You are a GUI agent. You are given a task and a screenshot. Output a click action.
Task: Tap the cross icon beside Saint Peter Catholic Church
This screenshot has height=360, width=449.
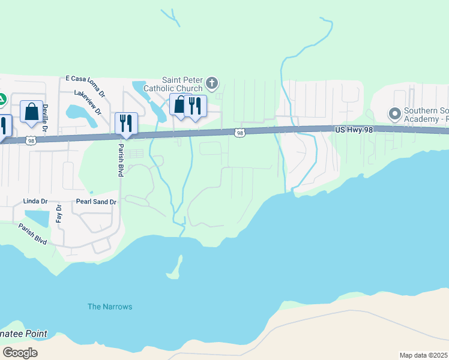click(x=211, y=82)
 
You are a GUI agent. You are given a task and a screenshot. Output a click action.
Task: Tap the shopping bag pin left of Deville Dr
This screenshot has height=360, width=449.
click(x=31, y=111)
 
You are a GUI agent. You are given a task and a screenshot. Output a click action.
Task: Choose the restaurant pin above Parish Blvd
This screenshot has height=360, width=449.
click(x=126, y=123)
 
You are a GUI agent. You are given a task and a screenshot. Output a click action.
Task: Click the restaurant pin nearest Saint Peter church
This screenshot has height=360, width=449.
click(x=195, y=106)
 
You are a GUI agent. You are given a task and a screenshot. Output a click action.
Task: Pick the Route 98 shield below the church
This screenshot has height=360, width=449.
click(x=240, y=133)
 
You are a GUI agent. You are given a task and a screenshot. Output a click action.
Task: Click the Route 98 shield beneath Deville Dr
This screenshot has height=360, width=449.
click(x=31, y=140)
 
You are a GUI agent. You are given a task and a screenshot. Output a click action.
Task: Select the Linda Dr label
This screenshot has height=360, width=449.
click(x=34, y=200)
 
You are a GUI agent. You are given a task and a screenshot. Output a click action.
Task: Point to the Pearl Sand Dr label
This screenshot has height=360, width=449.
click(x=96, y=202)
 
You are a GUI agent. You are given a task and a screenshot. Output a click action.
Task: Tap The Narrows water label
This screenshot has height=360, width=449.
click(x=110, y=307)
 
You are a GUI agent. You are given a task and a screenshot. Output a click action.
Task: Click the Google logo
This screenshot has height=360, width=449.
click(x=20, y=353)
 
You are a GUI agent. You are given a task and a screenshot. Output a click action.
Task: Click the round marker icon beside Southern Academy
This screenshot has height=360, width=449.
click(x=395, y=113)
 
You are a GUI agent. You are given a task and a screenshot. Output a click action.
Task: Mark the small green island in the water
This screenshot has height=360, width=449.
click(x=175, y=269)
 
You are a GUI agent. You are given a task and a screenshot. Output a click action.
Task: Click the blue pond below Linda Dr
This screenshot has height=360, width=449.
click(x=37, y=218)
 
